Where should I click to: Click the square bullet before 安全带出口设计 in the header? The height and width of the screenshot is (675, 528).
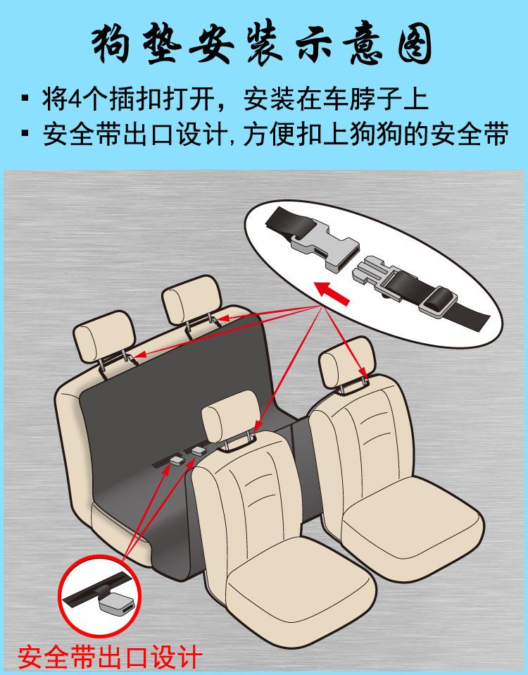tap(26, 133)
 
